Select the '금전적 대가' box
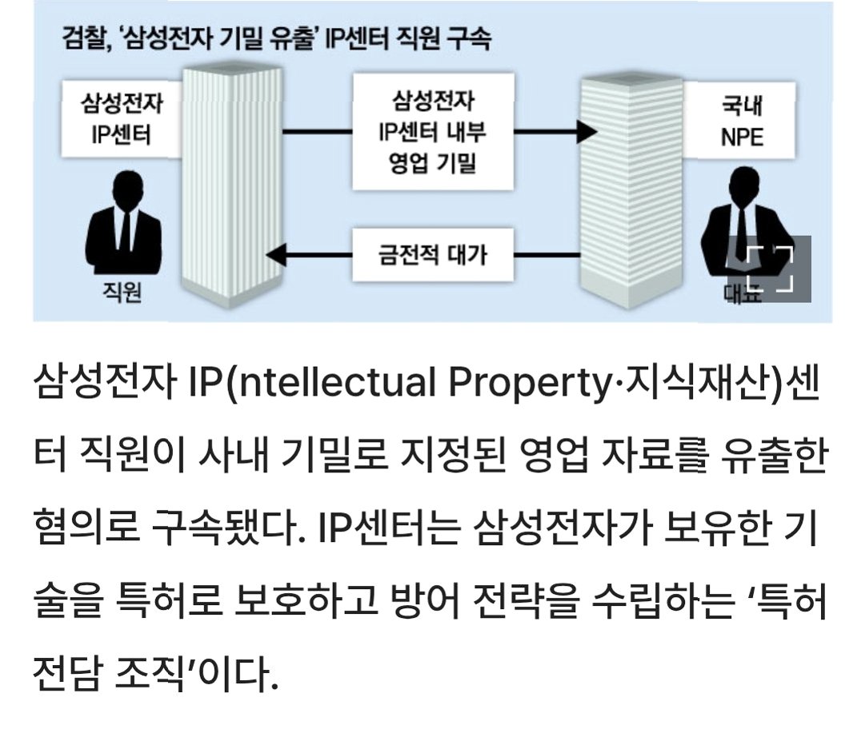(x=432, y=255)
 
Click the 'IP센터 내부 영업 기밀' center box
(x=432, y=132)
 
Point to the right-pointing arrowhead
(x=588, y=132)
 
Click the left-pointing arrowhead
(x=277, y=256)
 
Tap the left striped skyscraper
(x=232, y=184)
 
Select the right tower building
(x=632, y=192)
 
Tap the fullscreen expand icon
(x=769, y=269)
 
